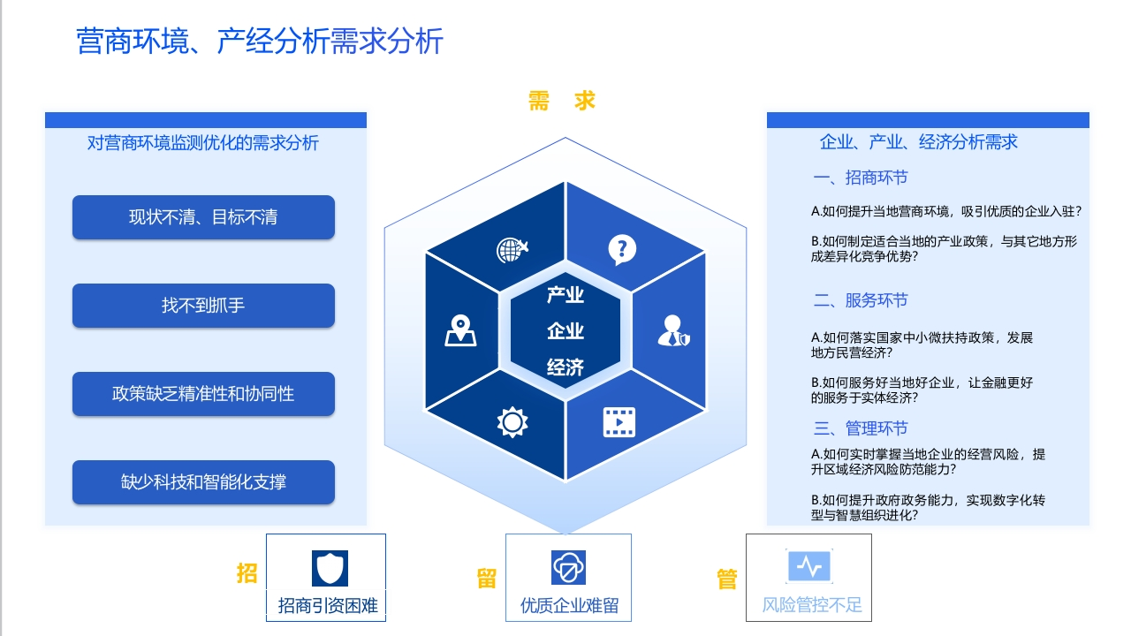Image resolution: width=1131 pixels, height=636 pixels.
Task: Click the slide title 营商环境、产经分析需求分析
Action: point(260,41)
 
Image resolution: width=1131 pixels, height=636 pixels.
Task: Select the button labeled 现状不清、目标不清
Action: point(203,217)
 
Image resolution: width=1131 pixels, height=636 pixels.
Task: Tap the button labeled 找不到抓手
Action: point(203,306)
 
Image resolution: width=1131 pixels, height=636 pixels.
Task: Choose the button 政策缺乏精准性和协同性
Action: point(203,394)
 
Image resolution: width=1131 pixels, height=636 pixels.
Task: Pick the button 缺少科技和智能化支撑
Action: point(203,482)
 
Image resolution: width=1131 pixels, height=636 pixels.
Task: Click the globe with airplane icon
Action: point(512,250)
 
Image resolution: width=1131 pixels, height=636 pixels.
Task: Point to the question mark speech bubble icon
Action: point(622,249)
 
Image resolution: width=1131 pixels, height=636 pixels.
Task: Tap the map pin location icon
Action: point(460,330)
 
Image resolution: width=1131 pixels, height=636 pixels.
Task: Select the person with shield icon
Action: point(674,330)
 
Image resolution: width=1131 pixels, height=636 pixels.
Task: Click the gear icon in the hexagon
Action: point(512,422)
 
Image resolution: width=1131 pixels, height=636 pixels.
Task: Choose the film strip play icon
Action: point(619,422)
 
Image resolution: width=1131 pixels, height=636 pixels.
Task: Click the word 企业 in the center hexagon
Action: point(565,331)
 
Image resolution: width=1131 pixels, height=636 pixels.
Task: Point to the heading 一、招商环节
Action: point(861,178)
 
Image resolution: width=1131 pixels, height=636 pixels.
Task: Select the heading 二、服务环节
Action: point(861,300)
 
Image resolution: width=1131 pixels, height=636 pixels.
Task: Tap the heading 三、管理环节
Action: point(861,428)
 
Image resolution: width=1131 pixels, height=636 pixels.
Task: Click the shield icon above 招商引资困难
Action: point(330,568)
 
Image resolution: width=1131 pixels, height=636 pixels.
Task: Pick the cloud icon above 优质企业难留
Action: point(568,567)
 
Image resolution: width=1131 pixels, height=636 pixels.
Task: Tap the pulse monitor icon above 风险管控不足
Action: point(809,566)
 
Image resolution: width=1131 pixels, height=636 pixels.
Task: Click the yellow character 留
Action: point(487,579)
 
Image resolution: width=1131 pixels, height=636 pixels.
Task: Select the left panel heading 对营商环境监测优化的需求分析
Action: point(203,143)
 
